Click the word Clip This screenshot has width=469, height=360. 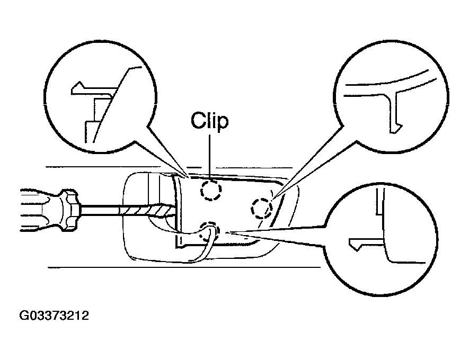tap(210, 121)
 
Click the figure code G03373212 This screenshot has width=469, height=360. tap(54, 316)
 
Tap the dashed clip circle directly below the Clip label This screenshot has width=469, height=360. tap(211, 190)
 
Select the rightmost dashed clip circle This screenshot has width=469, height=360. tap(262, 208)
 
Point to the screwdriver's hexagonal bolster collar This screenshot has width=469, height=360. tap(70, 210)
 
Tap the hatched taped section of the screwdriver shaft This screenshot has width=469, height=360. tap(147, 211)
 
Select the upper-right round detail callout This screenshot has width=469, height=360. tap(391, 97)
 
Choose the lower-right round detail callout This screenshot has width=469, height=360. tap(380, 239)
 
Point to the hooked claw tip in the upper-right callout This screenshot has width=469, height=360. tap(395, 129)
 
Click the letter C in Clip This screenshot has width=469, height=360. tap(198, 121)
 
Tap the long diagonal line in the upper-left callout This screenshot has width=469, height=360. tap(112, 105)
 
